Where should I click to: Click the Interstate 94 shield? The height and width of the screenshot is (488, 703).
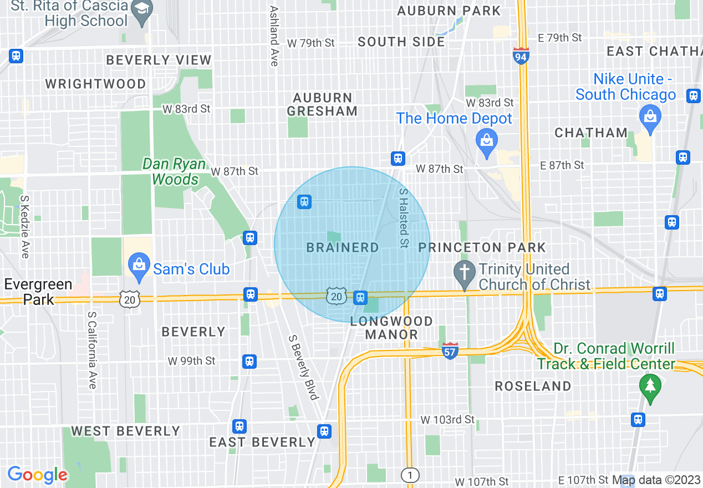(521, 55)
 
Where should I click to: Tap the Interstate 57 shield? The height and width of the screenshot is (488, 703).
(450, 350)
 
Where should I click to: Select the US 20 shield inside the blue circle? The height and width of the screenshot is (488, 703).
(337, 296)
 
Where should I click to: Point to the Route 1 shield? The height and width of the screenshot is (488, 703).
(410, 475)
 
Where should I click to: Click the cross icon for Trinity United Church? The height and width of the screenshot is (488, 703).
(463, 272)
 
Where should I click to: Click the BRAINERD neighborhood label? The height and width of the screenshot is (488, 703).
(343, 247)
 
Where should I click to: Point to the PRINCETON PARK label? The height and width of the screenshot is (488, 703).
(482, 247)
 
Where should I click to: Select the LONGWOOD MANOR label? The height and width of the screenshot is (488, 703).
(391, 328)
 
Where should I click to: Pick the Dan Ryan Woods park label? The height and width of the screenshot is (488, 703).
(175, 172)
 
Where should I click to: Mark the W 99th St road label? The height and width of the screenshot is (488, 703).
(191, 361)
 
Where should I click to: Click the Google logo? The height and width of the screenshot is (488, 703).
(38, 475)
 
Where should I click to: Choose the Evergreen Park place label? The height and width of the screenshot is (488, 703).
(38, 292)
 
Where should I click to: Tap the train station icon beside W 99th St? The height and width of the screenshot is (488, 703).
(249, 362)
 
